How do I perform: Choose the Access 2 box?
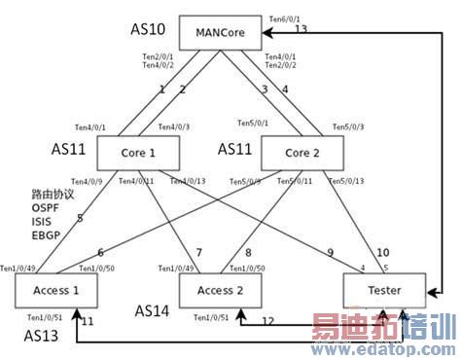(x=221, y=289)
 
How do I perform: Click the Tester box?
(x=386, y=289)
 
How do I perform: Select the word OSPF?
(x=48, y=207)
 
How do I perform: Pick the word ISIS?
(x=44, y=221)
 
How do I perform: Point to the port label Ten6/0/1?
(x=284, y=18)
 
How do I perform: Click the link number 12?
(x=267, y=320)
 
